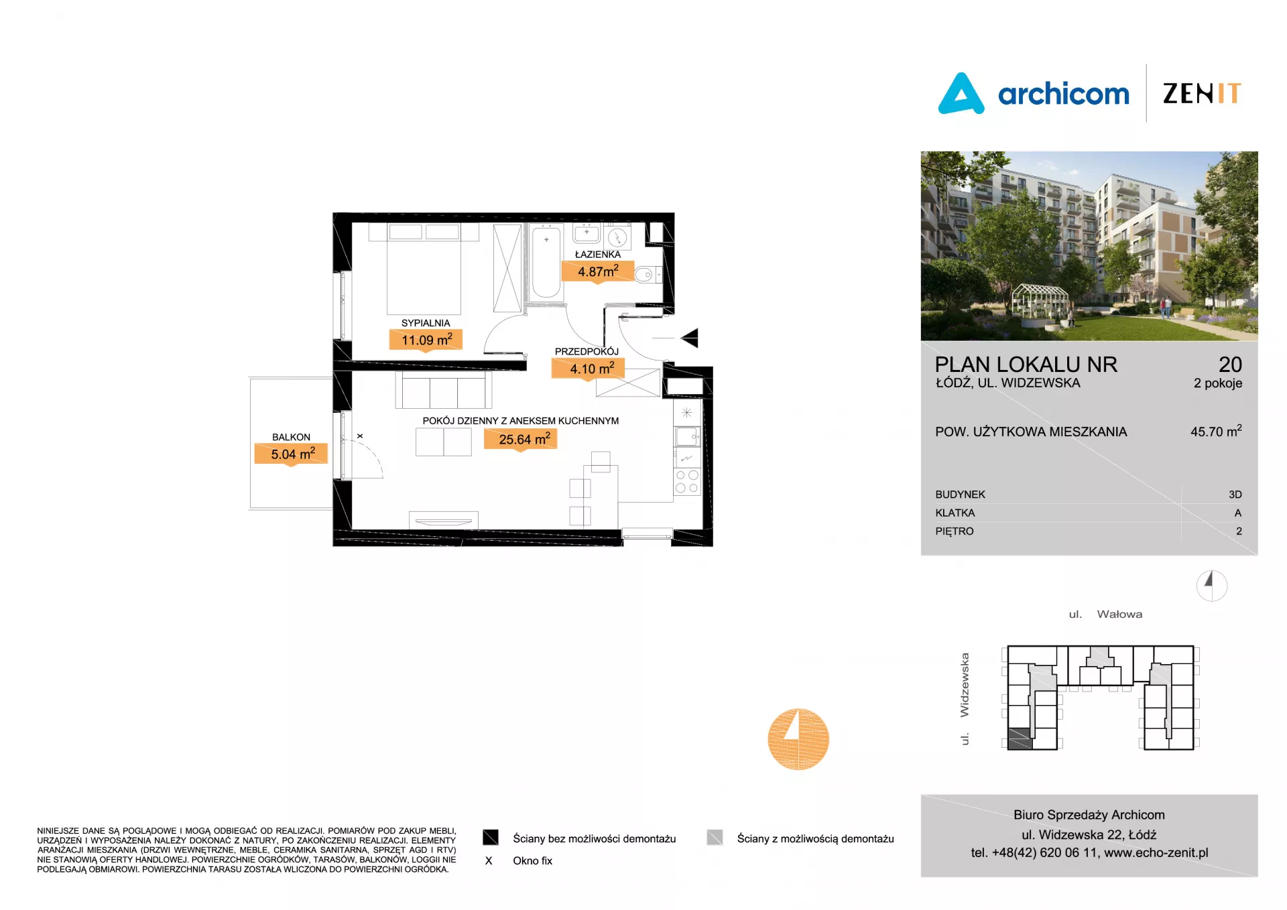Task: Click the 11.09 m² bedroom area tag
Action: (426, 340)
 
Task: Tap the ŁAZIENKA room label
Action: (598, 255)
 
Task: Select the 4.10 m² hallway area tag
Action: (588, 369)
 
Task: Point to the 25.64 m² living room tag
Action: (521, 439)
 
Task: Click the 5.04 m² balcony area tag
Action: (291, 454)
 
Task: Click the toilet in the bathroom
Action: (647, 275)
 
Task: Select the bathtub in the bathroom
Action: (546, 262)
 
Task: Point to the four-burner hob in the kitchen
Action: (687, 481)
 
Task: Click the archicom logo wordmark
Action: (1063, 94)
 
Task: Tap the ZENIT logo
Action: (1202, 93)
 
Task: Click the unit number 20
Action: (1230, 365)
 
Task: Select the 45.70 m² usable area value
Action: (1216, 431)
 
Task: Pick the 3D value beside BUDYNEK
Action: (1235, 495)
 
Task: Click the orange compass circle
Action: (798, 739)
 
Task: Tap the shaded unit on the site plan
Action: (1020, 738)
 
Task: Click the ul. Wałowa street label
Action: (1105, 614)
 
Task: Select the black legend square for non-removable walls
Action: (491, 838)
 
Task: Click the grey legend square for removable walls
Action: (715, 838)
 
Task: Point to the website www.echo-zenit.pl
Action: (1156, 852)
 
